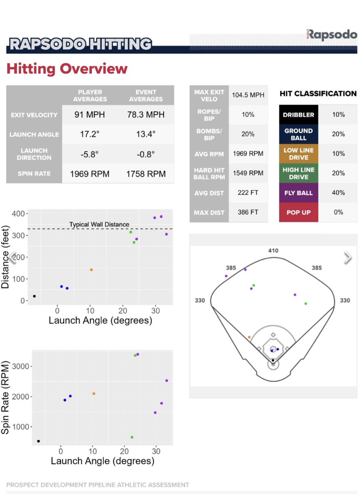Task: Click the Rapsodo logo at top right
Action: (x=332, y=35)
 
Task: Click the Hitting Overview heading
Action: (x=67, y=68)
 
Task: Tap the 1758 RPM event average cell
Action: (x=146, y=174)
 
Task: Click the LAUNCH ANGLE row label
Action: (x=34, y=135)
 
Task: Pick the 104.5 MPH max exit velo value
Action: (x=248, y=95)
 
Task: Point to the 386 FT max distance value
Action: (x=248, y=212)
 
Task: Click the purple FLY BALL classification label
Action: (x=298, y=193)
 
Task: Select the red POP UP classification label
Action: (x=298, y=212)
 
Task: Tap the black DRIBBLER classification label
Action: (x=298, y=115)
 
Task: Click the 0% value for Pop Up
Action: (x=338, y=212)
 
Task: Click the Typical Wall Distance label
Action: (x=99, y=224)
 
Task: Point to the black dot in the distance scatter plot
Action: (x=34, y=296)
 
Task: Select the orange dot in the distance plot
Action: (x=91, y=270)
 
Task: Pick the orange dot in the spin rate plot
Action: (x=94, y=394)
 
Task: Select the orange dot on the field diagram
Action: (x=249, y=337)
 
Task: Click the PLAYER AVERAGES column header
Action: (x=90, y=96)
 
